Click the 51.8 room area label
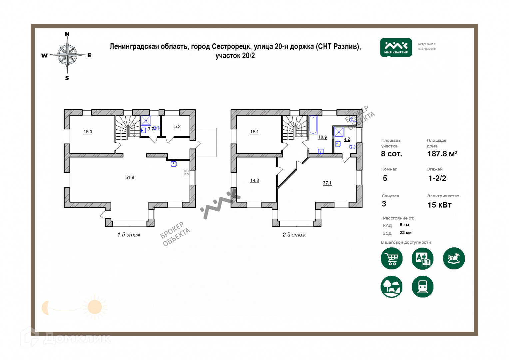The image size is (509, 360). [x=130, y=177]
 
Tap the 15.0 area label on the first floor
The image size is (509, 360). [x=88, y=132]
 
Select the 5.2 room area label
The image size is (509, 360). [x=178, y=127]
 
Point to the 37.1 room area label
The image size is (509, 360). [x=327, y=183]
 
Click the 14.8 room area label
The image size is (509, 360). [x=255, y=180]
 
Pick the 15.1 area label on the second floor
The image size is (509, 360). [x=254, y=132]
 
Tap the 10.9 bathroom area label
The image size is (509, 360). [x=323, y=137]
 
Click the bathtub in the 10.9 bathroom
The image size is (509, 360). [x=313, y=125]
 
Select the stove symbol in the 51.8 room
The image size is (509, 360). [x=186, y=172]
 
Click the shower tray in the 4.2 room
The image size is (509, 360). [x=339, y=132]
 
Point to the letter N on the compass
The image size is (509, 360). [x=67, y=34]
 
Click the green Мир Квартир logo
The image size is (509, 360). [x=396, y=47]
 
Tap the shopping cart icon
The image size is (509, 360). [x=392, y=258]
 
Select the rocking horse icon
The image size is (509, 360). [x=454, y=258]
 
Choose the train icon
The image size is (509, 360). [x=423, y=287]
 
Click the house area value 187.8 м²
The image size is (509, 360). [x=442, y=154]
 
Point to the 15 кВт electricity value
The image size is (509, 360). [x=439, y=205]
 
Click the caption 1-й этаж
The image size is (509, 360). [x=129, y=235]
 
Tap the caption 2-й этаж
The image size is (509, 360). [x=294, y=235]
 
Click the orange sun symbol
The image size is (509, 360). [x=95, y=307]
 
